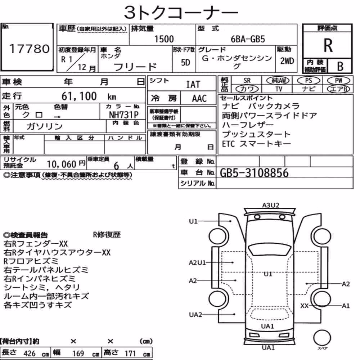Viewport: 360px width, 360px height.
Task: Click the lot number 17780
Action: (x=30, y=49)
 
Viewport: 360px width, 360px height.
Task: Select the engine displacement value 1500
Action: (x=164, y=39)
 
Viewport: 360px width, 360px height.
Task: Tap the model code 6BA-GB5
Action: (x=248, y=39)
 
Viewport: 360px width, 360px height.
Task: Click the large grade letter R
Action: (x=328, y=45)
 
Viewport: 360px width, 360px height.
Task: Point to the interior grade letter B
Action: (x=340, y=66)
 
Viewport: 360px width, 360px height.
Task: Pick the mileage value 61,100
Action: (x=79, y=96)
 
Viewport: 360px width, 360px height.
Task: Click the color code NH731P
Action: (x=123, y=115)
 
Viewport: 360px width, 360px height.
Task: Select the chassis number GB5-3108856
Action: (x=254, y=173)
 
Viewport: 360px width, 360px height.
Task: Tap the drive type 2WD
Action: (x=287, y=61)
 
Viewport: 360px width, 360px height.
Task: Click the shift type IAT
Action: (x=193, y=84)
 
